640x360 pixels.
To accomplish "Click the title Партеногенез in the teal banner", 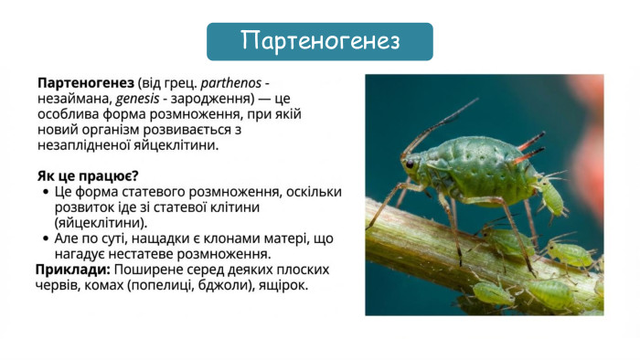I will [320, 41].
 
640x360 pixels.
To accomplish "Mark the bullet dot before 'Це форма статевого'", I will [46, 192].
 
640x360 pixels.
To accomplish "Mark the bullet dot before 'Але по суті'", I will [46, 238].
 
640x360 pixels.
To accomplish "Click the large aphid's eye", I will [411, 164].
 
